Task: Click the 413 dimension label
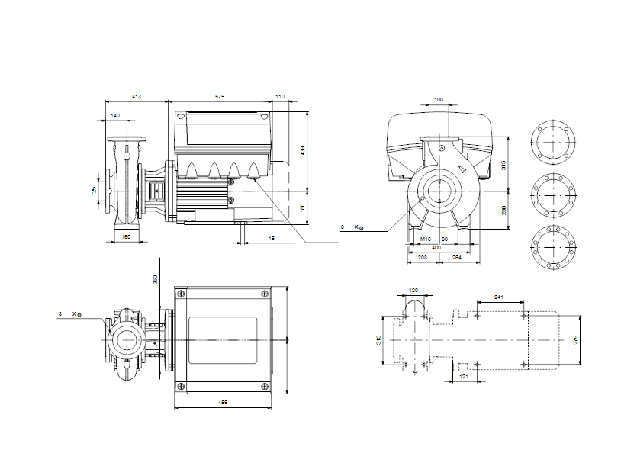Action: tap(137, 98)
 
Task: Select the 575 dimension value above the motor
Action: tap(220, 98)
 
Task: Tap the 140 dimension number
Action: tap(115, 115)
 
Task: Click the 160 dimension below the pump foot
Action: tap(127, 237)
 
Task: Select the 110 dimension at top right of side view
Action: tap(280, 98)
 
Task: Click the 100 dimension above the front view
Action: tap(438, 100)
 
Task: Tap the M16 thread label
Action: tap(426, 239)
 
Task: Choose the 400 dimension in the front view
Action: tap(436, 248)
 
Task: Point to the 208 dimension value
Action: tap(422, 259)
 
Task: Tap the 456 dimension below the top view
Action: tap(222, 402)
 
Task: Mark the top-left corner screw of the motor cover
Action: tap(180, 294)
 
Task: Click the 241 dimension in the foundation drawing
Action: tap(500, 296)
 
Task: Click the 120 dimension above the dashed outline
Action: tap(414, 291)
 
